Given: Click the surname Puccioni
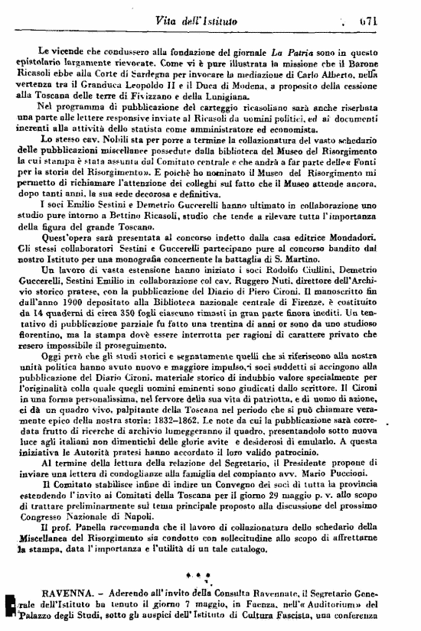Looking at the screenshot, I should (x=374, y=473).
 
